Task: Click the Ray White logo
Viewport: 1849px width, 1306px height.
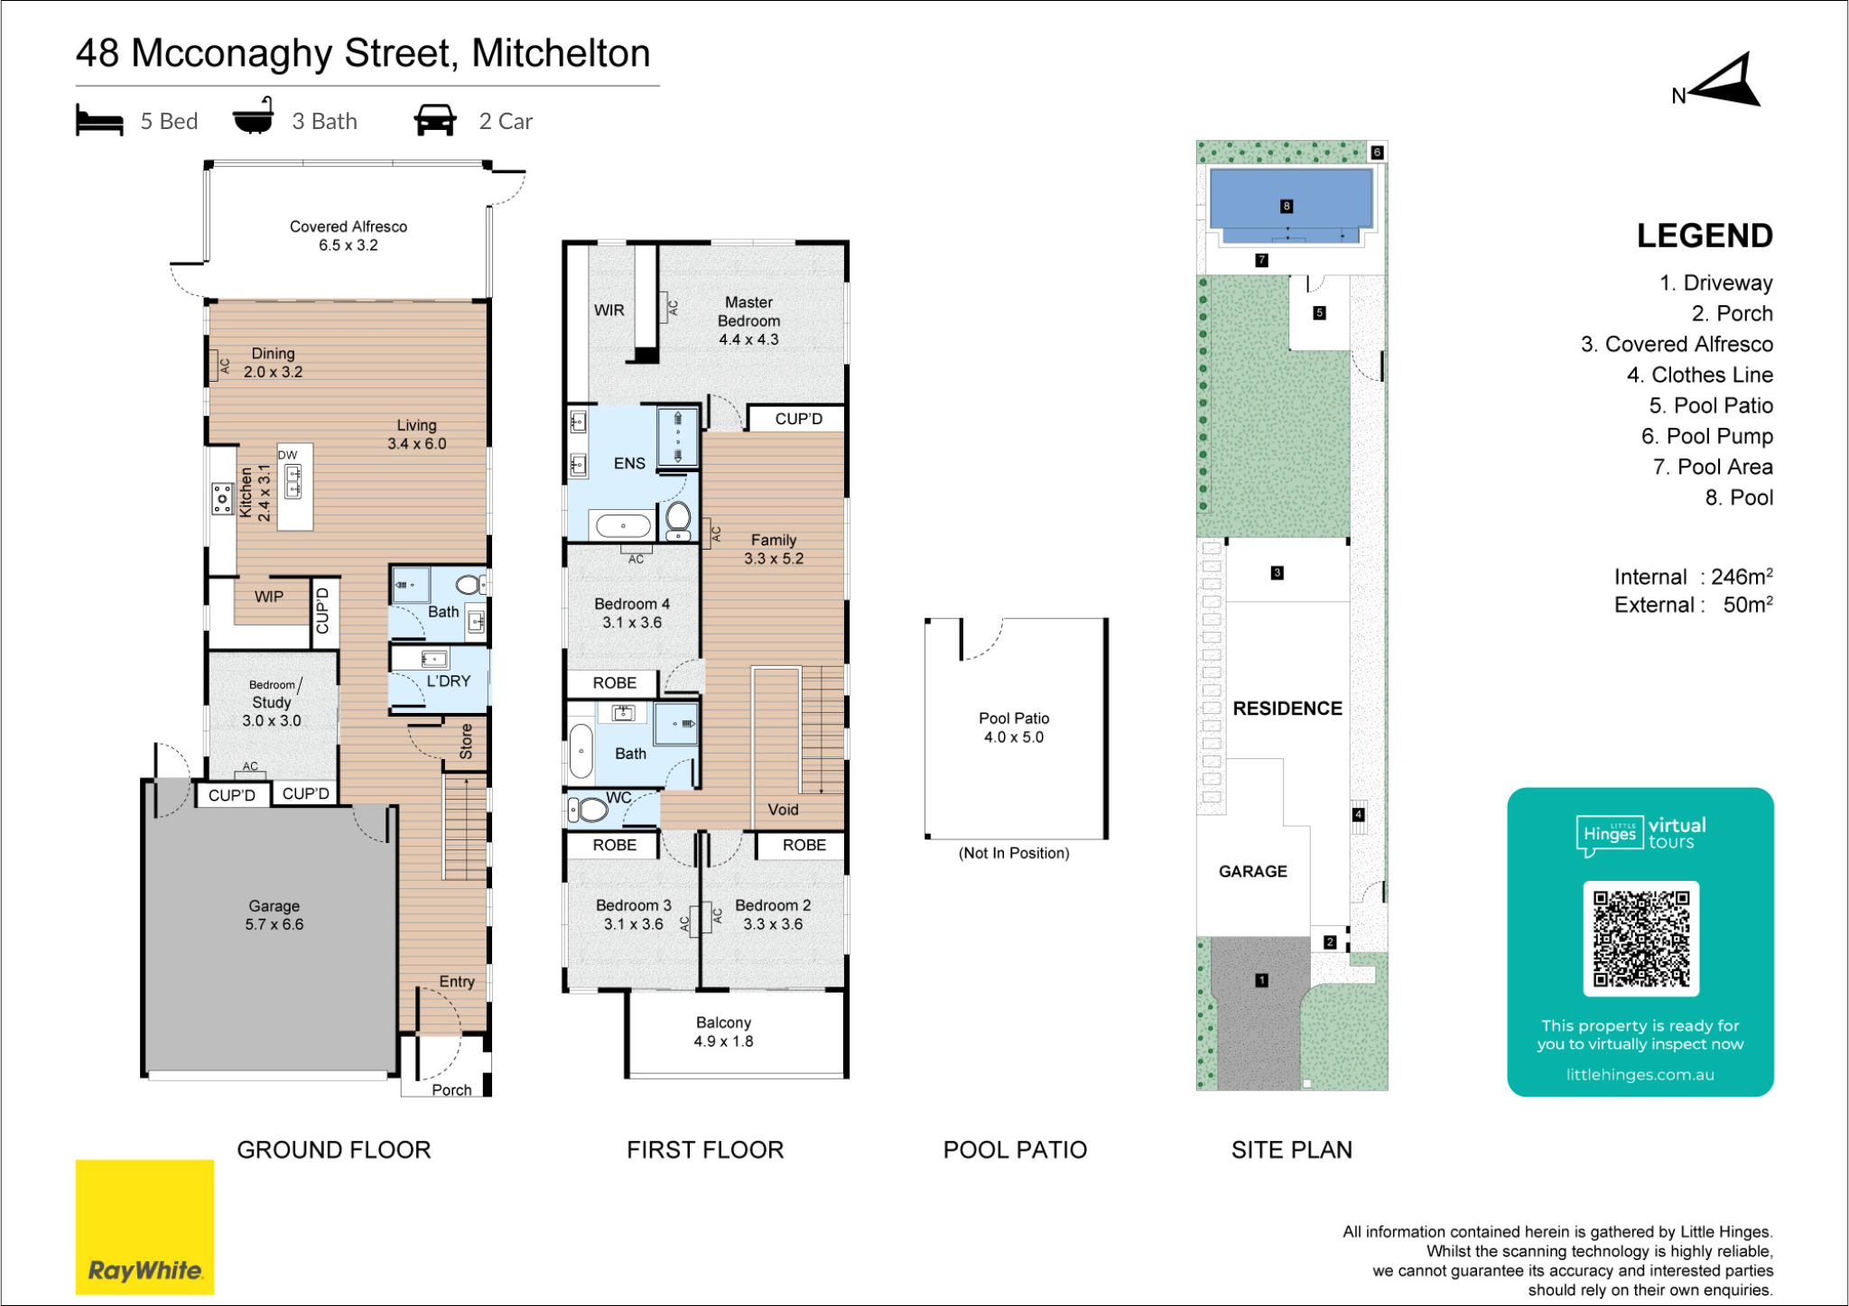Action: coord(144,1227)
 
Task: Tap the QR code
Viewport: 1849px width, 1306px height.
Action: coord(1640,939)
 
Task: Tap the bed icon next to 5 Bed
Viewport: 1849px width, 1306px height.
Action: coord(99,120)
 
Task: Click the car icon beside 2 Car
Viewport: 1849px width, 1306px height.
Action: coord(435,120)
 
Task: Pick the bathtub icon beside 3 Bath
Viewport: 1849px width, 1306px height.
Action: coord(254,116)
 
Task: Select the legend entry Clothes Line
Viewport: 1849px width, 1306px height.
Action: coord(1699,375)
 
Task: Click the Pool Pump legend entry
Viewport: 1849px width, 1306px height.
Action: coord(1706,436)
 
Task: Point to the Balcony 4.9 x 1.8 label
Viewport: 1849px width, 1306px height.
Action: coord(723,1032)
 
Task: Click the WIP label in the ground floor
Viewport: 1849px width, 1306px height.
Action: coord(269,597)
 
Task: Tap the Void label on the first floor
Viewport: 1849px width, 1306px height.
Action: coord(783,810)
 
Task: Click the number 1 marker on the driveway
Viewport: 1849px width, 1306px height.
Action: coord(1261,980)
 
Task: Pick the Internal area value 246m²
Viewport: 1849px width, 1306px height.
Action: coord(1742,577)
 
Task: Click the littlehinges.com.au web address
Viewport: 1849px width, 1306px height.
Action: coord(1640,1074)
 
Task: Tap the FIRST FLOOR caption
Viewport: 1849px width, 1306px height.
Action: coord(705,1150)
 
